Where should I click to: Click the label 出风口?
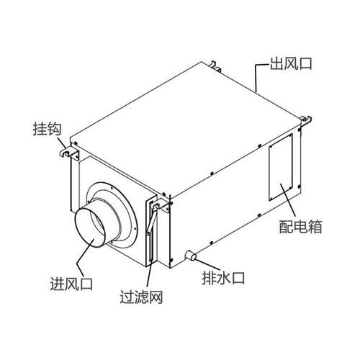pos(291,64)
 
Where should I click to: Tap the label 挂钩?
pos(48,129)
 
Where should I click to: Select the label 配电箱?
pos(300,227)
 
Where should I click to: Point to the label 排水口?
pos(223,278)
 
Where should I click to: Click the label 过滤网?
pos(141,297)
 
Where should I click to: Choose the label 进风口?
pos(71,284)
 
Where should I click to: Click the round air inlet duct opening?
pos(90,227)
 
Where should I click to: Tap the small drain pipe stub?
pos(191,256)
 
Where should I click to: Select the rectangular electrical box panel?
pos(281,167)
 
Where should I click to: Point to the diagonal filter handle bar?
pos(152,222)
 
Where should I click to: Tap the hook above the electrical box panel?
pos(306,121)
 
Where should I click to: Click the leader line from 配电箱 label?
pos(288,199)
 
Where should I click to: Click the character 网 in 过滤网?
pos(156,297)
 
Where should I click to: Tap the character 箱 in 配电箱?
pos(315,227)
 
